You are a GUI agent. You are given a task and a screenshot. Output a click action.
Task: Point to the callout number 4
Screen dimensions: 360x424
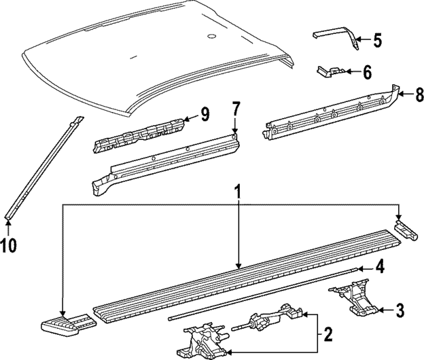380,268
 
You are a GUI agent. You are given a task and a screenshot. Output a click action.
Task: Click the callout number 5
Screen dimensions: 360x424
377,41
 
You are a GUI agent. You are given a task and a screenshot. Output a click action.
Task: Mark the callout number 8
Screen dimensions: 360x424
418,94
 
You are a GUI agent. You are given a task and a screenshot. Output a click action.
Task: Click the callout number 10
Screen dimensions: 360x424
9,246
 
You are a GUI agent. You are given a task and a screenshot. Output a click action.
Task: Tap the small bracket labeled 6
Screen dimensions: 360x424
331,71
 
